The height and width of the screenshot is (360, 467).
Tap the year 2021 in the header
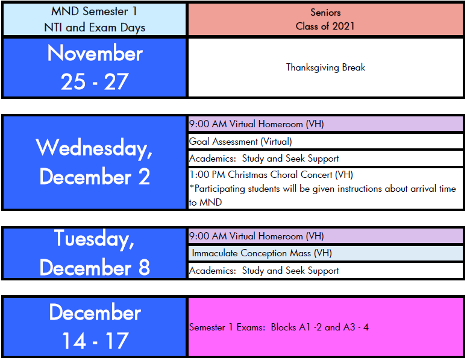coord(343,26)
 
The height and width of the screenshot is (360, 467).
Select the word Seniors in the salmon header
coord(325,12)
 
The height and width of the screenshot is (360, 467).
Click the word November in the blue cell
coord(95,53)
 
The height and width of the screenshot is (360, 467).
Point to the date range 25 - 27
coord(95,81)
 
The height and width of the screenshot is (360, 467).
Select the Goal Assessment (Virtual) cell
coord(325,141)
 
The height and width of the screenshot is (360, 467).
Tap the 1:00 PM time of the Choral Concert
coord(207,174)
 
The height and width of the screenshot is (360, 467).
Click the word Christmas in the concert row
coord(248,174)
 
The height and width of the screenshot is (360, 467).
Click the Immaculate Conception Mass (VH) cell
coord(325,253)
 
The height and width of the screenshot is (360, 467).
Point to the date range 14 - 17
coord(95,341)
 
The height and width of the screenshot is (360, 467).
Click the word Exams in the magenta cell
coord(251,327)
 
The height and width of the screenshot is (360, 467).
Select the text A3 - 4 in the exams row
coord(356,327)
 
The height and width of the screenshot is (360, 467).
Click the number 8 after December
coord(144,267)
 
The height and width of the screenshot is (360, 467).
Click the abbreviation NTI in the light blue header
coord(53,28)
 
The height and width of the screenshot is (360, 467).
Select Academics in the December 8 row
coord(212,271)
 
